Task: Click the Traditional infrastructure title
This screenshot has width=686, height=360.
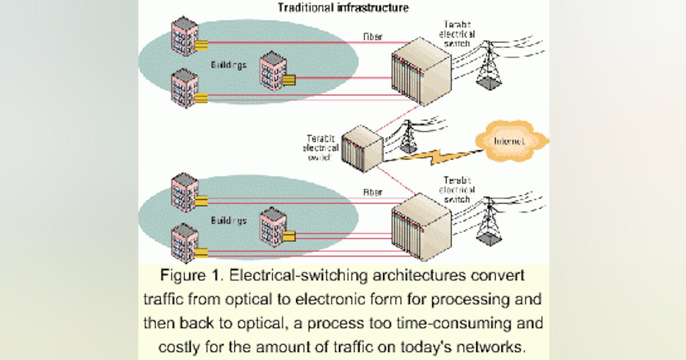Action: [x=343, y=8]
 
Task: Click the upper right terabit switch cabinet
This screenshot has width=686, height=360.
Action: [x=421, y=71]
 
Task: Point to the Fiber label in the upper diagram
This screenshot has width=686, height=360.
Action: [x=373, y=37]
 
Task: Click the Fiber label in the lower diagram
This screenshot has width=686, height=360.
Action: [x=373, y=193]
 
